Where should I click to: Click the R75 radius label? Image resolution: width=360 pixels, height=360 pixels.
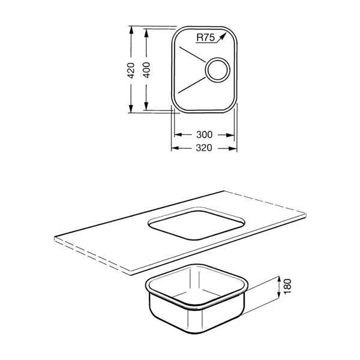(x=205, y=37)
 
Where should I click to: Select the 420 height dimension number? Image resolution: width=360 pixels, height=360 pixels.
(x=131, y=70)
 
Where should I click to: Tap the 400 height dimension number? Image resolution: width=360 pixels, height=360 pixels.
(x=146, y=70)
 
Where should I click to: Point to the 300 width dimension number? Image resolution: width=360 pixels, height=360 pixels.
(x=205, y=134)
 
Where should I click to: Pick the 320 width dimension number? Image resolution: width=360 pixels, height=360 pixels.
(x=204, y=148)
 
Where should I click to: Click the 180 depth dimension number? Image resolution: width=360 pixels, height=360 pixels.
(x=287, y=286)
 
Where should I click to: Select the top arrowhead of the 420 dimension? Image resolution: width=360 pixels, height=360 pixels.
(x=131, y=30)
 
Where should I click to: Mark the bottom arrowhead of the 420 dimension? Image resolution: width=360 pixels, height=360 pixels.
(x=131, y=109)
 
